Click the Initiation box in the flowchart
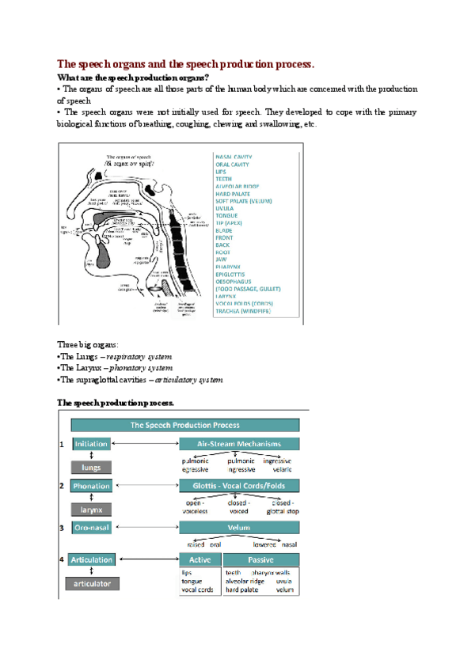(x=91, y=445)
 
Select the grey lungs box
(x=91, y=467)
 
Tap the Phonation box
(x=91, y=486)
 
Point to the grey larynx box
(x=91, y=509)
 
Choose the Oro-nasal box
(x=91, y=527)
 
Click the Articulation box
(x=91, y=559)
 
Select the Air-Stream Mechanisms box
(x=239, y=445)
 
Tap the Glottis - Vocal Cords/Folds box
(x=239, y=486)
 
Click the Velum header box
(x=239, y=528)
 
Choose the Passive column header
(x=261, y=559)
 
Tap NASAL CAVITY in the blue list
(x=234, y=157)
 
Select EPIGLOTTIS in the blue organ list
(x=232, y=275)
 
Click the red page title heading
(x=186, y=63)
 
